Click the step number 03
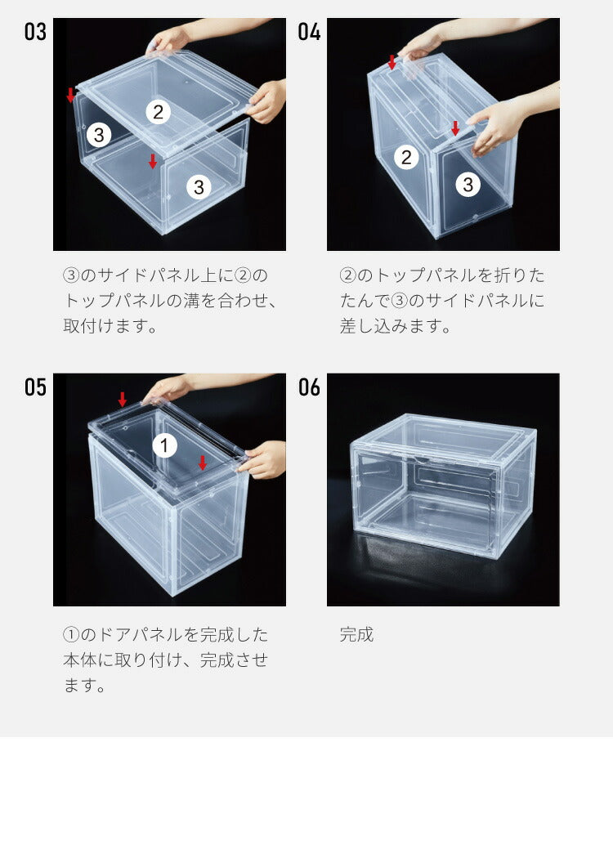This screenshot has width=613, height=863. click(x=35, y=34)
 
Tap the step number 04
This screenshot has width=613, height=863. click(x=309, y=34)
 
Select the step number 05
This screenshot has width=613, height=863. click(x=35, y=387)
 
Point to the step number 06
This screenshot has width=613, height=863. click(x=309, y=387)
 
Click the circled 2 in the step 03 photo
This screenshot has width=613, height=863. click(x=159, y=111)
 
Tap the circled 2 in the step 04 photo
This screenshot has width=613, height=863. click(x=406, y=158)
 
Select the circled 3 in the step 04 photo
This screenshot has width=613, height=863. click(x=468, y=185)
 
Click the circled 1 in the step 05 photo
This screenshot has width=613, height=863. click(x=164, y=445)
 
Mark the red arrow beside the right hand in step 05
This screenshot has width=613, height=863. click(x=203, y=463)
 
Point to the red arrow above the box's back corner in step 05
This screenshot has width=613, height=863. click(x=123, y=399)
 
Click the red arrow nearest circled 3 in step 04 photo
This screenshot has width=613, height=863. click(x=455, y=128)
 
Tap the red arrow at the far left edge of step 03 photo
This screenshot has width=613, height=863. click(x=70, y=95)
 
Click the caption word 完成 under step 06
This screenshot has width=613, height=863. click(x=356, y=635)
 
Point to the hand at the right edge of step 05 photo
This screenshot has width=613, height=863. click(x=263, y=461)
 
